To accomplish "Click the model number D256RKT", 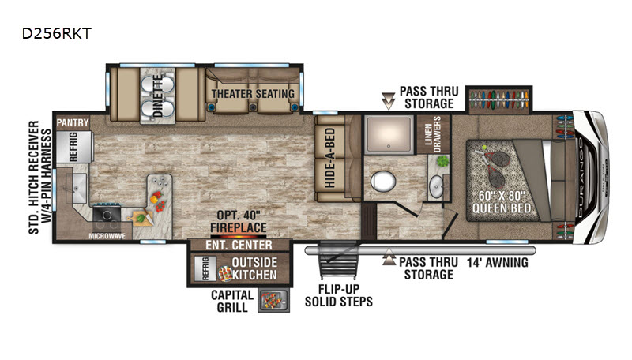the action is (x=56, y=33).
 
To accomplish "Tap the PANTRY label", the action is (x=73, y=123).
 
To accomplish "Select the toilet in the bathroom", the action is (x=382, y=181).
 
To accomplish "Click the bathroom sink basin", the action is (x=436, y=187).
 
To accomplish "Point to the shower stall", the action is (x=389, y=134).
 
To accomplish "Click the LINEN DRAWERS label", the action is (x=433, y=134).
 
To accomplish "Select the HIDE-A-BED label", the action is (x=330, y=158).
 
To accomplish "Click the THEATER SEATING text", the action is (x=253, y=94).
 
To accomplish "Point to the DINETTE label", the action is (x=157, y=96).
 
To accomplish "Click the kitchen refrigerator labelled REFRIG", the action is (x=74, y=147).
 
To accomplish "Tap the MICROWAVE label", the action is (x=107, y=236).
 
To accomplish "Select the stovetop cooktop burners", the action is (x=107, y=218).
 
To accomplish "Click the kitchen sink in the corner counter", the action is (x=77, y=189).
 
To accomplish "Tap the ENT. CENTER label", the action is (x=239, y=245).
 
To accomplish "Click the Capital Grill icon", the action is (x=273, y=301).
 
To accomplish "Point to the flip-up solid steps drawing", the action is (x=339, y=261).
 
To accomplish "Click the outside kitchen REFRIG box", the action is (x=205, y=268).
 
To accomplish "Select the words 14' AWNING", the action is (x=498, y=263).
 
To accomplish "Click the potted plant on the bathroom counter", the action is (x=442, y=162).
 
